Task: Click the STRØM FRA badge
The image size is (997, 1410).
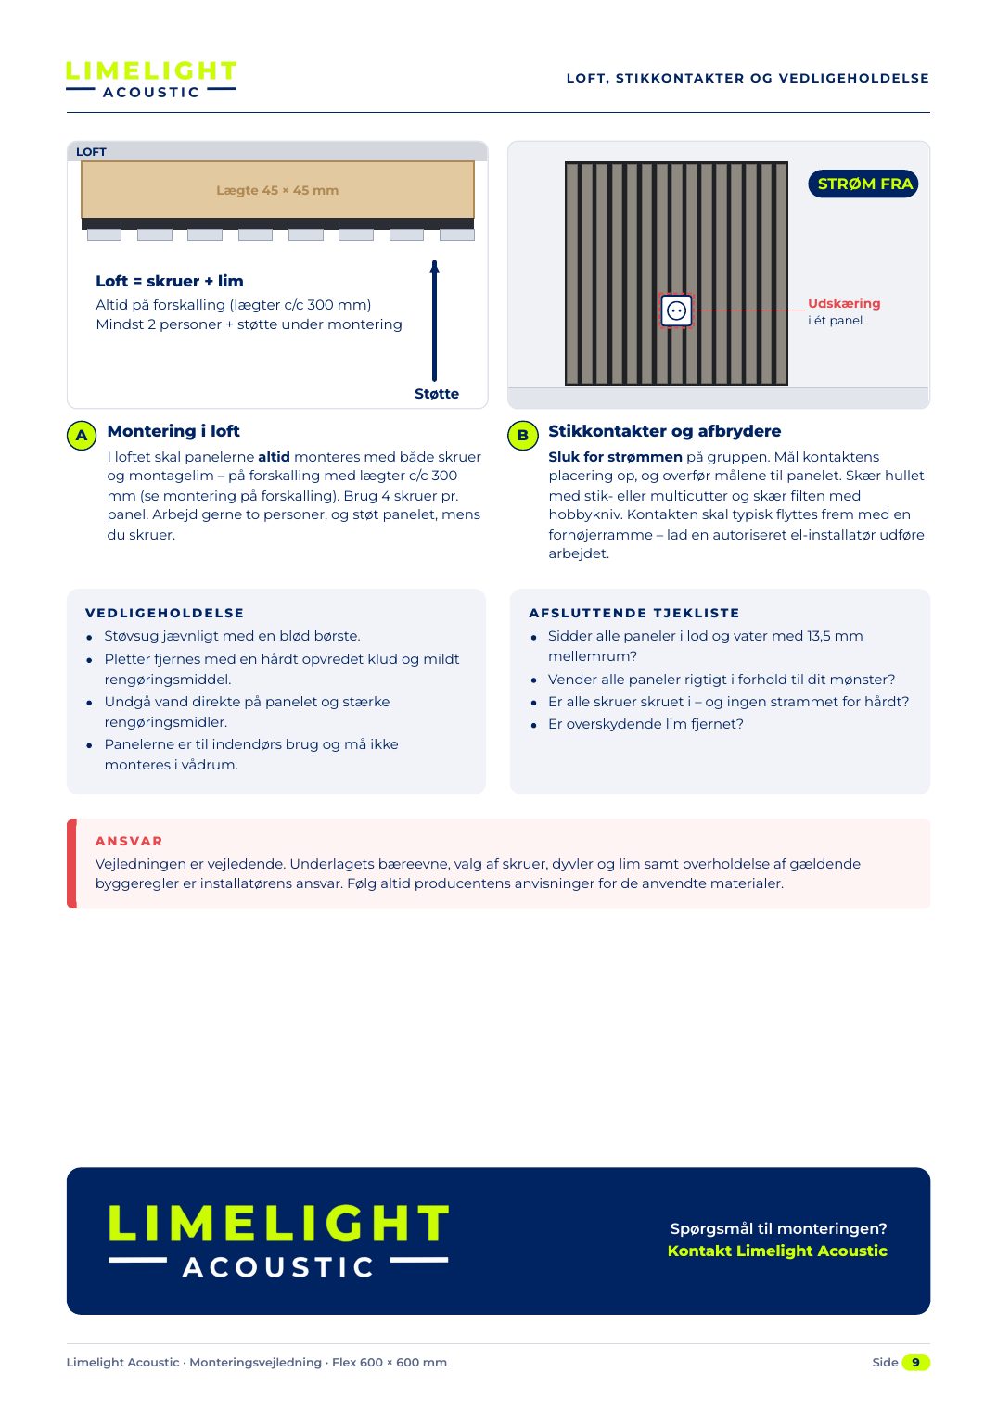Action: [863, 184]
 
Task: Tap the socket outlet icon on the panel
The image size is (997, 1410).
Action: [676, 311]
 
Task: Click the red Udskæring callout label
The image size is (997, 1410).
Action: [843, 303]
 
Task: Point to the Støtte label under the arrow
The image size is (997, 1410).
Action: [437, 394]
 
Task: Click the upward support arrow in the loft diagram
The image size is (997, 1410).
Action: [434, 321]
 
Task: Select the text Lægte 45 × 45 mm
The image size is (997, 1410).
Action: [277, 190]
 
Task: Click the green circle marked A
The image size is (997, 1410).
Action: [82, 436]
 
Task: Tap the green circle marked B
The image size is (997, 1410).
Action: [522, 436]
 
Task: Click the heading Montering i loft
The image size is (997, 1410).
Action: [173, 431]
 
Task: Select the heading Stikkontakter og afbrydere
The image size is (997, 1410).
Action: [664, 431]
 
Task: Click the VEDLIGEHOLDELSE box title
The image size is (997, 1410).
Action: [164, 613]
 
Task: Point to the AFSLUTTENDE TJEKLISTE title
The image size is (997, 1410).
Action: [634, 613]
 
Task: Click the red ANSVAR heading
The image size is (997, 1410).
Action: [129, 841]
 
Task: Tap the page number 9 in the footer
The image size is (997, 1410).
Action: [915, 1362]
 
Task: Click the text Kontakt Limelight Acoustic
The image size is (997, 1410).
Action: [777, 1251]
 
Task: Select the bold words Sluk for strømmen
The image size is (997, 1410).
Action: [615, 457]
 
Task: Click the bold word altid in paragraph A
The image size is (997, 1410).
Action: [274, 457]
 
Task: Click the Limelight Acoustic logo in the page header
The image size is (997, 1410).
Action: [151, 80]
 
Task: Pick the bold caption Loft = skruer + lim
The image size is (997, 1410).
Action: [170, 282]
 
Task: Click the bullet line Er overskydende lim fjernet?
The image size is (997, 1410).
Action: [645, 724]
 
